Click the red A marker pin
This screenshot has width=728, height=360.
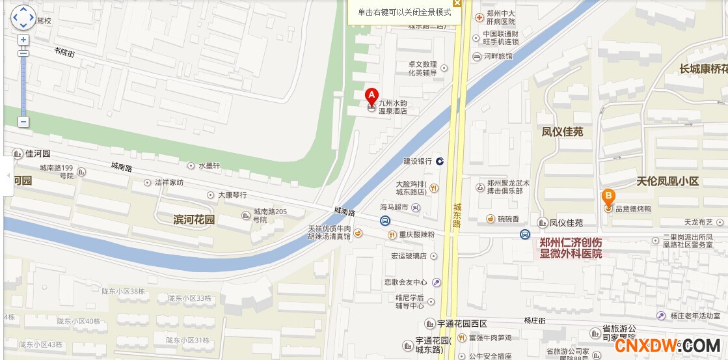coord(371,95)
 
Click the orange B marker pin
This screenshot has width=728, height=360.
coord(608,196)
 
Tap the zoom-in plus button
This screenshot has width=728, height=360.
coord(23,40)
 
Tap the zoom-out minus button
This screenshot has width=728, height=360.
coord(23,121)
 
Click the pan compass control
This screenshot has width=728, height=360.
coord(23,18)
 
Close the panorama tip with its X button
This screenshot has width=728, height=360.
coord(457,3)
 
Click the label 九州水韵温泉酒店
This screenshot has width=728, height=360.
coord(393,107)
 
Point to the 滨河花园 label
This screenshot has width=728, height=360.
coord(194,219)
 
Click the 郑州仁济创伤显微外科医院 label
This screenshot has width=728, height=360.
coord(571,247)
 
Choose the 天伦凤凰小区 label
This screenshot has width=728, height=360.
coord(667,181)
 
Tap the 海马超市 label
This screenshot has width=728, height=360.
coord(394,208)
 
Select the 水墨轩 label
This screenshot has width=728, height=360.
coord(209,166)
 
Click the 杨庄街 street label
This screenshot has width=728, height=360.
coord(534,320)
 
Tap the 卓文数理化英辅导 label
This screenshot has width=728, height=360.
coord(422,68)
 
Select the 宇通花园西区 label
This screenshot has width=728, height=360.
coord(462,324)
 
